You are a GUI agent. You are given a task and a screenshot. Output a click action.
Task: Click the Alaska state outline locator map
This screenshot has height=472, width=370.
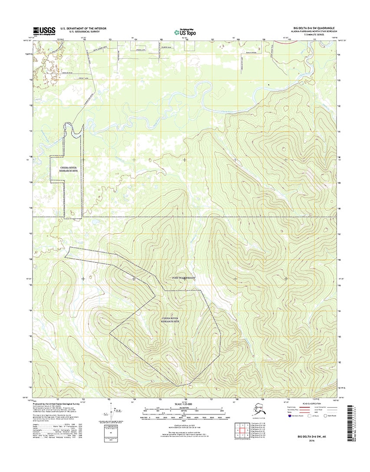[261, 407]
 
